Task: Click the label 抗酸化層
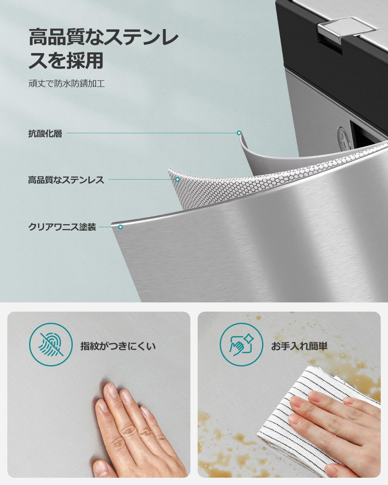pos(45,134)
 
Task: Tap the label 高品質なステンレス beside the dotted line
pos(66,180)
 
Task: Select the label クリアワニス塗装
pos(62,227)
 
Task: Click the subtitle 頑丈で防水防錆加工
pos(66,84)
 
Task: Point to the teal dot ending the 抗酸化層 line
pos(239,133)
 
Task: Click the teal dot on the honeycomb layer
pos(178,179)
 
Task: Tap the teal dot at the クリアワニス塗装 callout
pos(120,227)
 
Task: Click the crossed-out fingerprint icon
pos(50,346)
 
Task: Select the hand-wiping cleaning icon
pos(241,346)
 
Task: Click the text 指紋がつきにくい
pos(118,346)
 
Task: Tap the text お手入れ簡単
pos(299,346)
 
